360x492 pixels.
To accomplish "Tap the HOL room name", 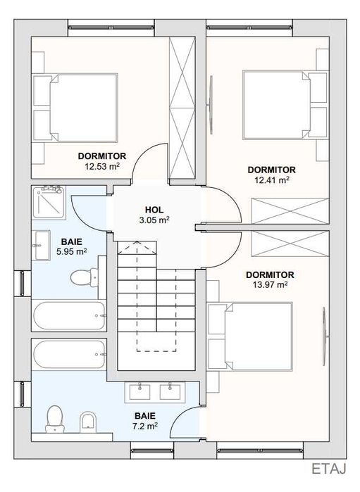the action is (x=154, y=210).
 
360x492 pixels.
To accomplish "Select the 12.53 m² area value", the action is (x=101, y=166).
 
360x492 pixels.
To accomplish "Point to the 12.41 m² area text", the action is (x=272, y=180).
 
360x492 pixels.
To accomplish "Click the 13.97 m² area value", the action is (x=270, y=285).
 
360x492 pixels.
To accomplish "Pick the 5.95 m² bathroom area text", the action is (x=72, y=252).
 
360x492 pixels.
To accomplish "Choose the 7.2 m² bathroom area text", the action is (x=145, y=426).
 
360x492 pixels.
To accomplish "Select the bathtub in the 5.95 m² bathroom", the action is (x=69, y=315).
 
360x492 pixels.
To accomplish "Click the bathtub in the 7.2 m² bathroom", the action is (x=69, y=354).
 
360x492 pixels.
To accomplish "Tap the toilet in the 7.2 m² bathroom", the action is (x=55, y=420).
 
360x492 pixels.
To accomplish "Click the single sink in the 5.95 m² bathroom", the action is (x=42, y=246).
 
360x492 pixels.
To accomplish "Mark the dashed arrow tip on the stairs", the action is (x=137, y=241).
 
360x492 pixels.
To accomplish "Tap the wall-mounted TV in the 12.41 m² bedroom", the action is (x=210, y=105).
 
